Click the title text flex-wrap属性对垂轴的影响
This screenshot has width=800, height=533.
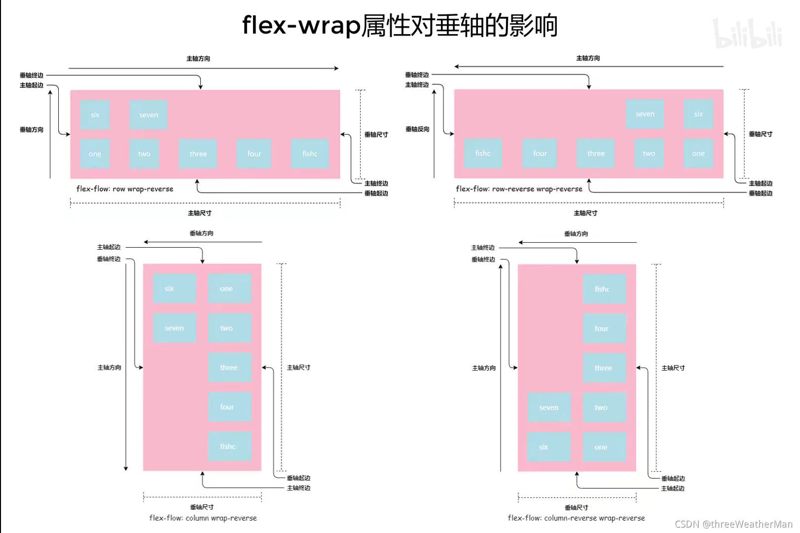pos(400,25)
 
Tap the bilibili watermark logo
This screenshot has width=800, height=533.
pos(748,34)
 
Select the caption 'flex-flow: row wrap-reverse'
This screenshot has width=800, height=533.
pos(125,189)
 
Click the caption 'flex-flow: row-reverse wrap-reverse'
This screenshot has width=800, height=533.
pos(519,189)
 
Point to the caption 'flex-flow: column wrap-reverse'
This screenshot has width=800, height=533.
pos(203,518)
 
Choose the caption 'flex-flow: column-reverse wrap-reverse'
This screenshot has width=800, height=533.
pos(576,518)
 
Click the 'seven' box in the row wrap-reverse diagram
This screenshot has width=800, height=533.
pos(148,114)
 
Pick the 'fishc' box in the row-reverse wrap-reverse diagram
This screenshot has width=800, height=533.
pos(483,153)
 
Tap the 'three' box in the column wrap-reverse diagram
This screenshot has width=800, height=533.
pos(229,367)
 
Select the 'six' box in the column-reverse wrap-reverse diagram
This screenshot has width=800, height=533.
pos(548,447)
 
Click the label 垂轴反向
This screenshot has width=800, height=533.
pos(417,129)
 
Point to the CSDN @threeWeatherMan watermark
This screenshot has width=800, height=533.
pos(733,524)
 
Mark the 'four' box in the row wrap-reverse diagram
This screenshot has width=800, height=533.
pos(254,153)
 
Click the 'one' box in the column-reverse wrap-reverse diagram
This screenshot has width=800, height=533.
pos(604,447)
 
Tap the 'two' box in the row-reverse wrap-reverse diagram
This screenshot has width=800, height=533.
pos(649,153)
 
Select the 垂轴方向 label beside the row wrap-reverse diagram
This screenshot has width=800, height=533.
pos(32,130)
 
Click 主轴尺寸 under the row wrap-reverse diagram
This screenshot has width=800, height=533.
pos(200,213)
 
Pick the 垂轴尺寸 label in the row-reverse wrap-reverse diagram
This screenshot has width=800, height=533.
pos(761,134)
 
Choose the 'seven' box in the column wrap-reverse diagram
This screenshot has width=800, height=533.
pos(174,328)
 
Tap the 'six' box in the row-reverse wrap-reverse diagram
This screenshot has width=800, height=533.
pos(698,114)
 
